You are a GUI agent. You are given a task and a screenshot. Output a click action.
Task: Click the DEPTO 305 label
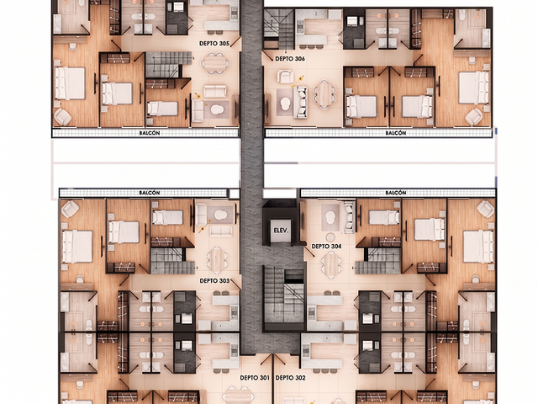click(214, 44)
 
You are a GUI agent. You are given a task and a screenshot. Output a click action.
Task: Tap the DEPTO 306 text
click(290, 59)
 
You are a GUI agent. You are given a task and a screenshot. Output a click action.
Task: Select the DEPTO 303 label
click(214, 281)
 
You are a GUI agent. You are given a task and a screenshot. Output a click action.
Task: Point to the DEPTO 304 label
click(326, 247)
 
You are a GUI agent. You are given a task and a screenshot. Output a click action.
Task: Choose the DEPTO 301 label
click(255, 378)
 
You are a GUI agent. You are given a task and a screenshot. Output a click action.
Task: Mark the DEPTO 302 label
click(290, 378)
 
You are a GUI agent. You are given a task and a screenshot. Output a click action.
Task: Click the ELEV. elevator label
click(281, 231)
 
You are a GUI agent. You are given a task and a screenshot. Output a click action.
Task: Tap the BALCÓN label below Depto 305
click(150, 133)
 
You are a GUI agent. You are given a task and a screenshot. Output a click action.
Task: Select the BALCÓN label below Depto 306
click(396, 133)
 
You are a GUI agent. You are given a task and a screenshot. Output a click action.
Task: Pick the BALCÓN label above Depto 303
click(150, 193)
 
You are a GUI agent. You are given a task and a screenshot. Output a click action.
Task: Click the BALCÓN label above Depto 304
click(396, 193)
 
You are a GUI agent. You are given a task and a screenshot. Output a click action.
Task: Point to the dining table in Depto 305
click(215, 63)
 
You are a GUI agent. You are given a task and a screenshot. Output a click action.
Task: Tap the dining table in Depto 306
click(324, 94)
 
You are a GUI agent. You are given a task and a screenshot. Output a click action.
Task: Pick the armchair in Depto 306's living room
click(285, 77)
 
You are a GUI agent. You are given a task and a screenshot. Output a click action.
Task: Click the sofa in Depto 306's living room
click(301, 102)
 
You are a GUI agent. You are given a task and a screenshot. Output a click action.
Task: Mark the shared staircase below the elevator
click(284, 295)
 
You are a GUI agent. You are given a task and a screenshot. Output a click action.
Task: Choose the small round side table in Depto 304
click(330, 237)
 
